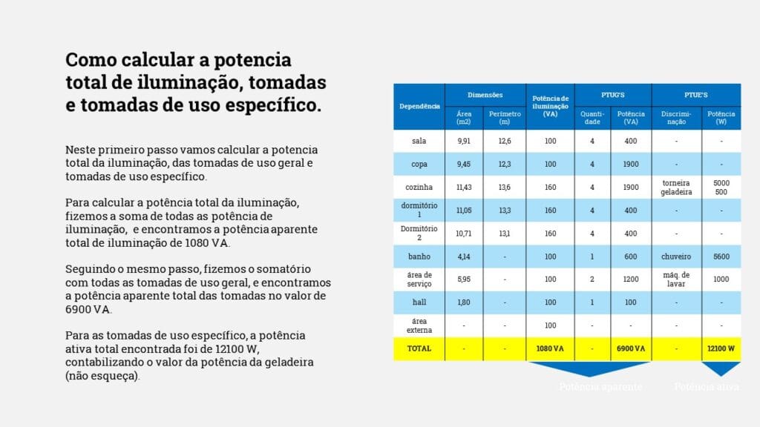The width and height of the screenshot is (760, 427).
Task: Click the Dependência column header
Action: coord(419,107)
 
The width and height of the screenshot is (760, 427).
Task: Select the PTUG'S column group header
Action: coord(612,95)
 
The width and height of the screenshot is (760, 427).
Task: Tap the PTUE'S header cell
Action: coord(695,95)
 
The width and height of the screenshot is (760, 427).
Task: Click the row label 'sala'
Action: coord(419,141)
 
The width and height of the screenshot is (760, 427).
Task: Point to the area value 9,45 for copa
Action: coord(464,164)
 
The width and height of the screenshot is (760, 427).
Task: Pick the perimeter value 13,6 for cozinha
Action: coord(505,187)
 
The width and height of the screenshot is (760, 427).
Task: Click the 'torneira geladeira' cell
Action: coord(676,187)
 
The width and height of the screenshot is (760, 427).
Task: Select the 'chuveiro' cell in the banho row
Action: coord(676,256)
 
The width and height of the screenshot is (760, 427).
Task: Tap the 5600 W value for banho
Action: coord(721,256)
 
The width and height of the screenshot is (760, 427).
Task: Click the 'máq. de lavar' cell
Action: coord(676,279)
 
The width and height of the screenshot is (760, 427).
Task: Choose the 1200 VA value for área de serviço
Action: coord(631,279)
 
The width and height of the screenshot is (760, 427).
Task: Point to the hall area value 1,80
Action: coord(464,302)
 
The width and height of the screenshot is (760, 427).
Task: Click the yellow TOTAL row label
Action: coord(419,348)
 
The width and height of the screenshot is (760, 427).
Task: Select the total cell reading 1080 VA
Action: coord(550,348)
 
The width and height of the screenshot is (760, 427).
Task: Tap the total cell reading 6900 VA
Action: coord(631,348)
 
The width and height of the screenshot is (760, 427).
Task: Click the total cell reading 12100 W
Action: coord(721,348)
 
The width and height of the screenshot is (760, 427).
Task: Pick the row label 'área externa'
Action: coord(419,325)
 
